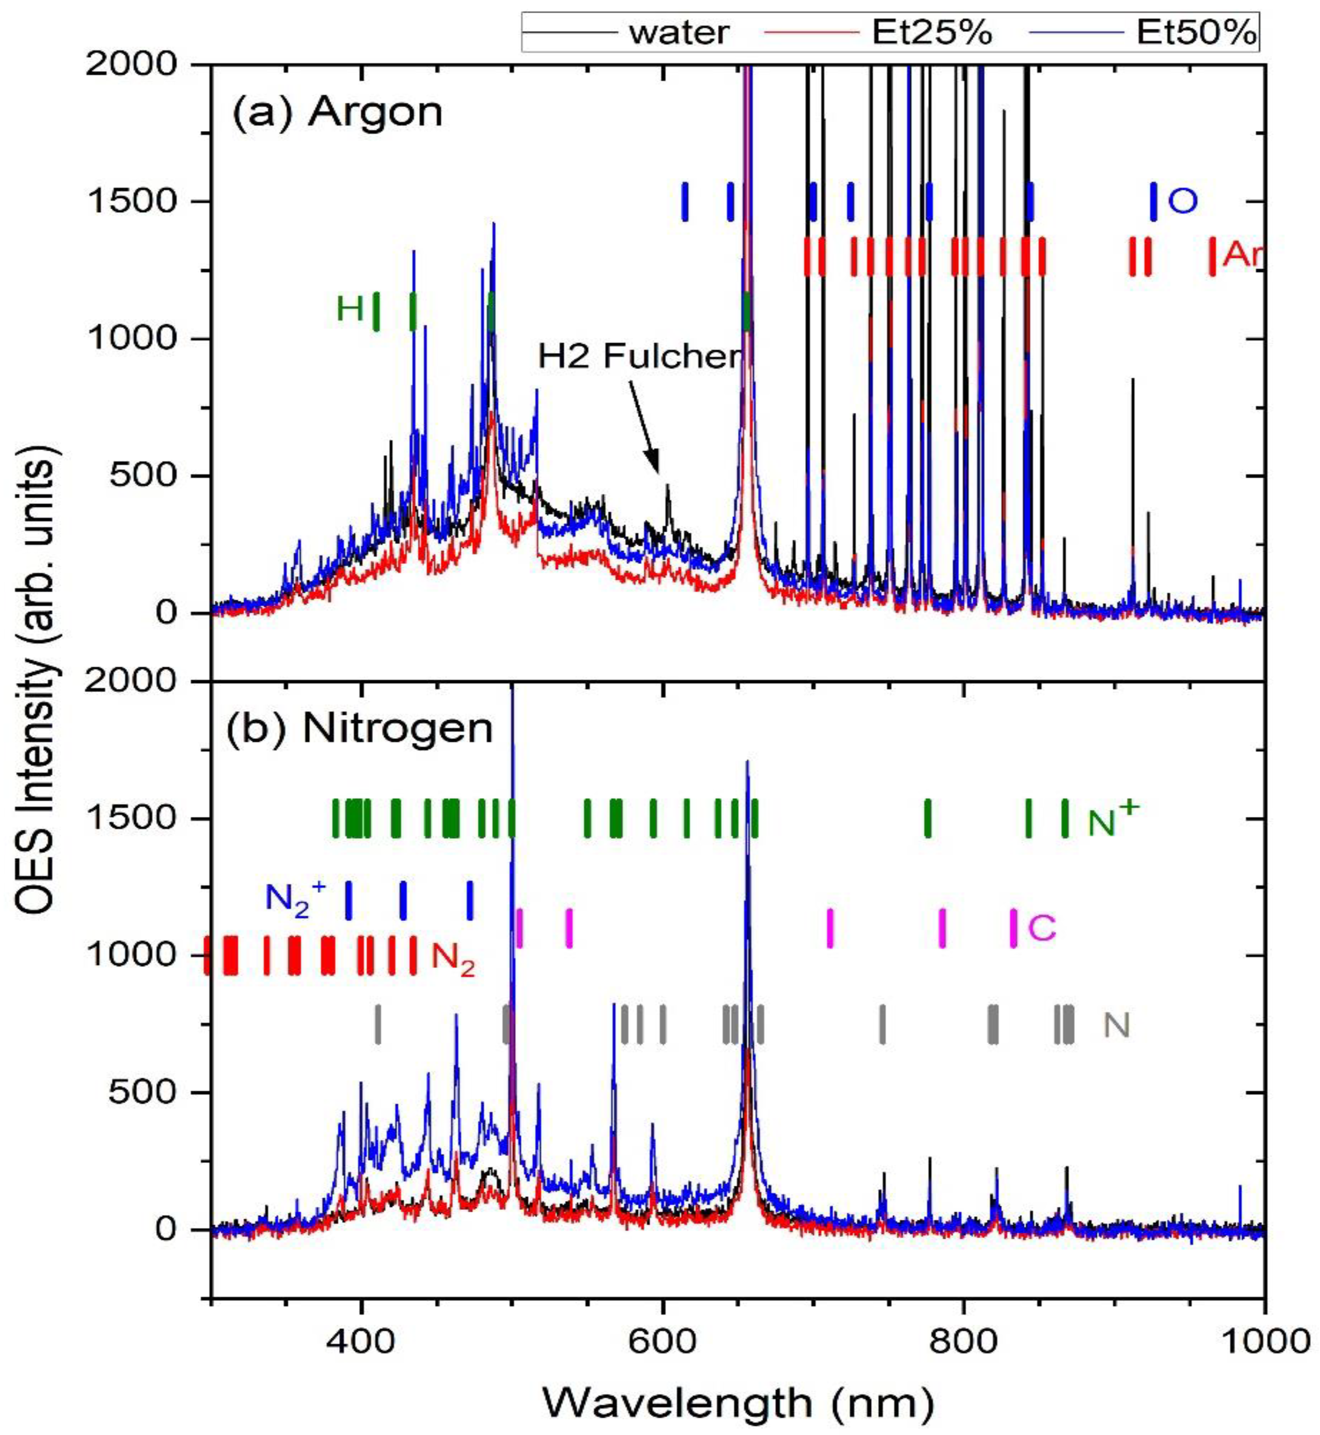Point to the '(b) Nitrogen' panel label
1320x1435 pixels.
(361, 728)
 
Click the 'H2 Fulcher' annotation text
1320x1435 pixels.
(639, 355)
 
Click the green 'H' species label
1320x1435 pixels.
(350, 310)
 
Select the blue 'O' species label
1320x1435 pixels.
(1182, 202)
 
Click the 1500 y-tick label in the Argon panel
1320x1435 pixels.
(132, 201)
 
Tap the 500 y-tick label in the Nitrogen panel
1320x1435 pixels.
(143, 1093)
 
